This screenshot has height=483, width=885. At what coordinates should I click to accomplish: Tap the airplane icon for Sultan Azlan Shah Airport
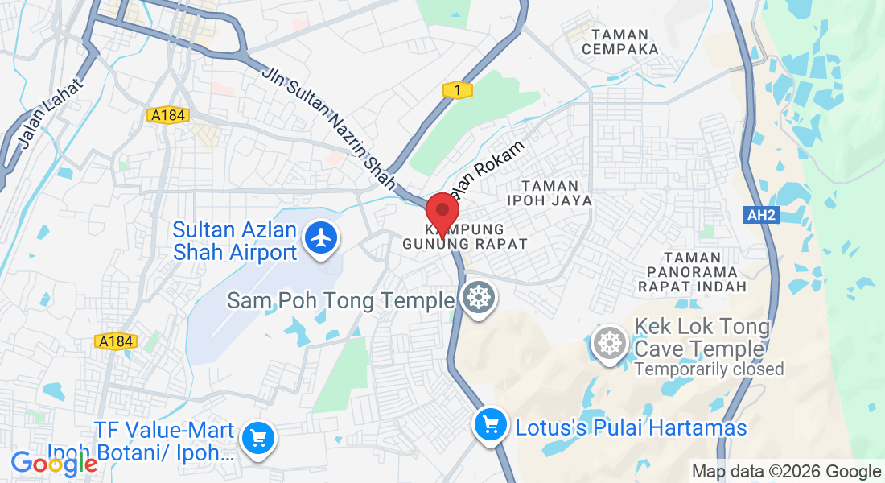pos(321,239)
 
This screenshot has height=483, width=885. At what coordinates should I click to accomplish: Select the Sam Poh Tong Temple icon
pos(479,299)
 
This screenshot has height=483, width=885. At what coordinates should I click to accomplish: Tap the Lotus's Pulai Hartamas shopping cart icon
pos(490,424)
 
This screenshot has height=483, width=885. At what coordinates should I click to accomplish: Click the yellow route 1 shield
pos(458,91)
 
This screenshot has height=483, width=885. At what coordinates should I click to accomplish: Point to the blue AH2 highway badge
pos(761,215)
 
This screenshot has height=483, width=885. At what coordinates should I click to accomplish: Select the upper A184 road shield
pos(168,116)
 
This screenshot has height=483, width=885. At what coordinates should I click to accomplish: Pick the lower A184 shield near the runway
pos(116,342)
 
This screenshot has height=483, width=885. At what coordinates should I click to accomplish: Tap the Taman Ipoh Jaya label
pos(550,193)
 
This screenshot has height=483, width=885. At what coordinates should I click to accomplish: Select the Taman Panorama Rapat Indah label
pos(692,271)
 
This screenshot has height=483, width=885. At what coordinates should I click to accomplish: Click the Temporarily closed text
pos(709,369)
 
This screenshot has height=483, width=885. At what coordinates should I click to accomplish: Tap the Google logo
pos(54,463)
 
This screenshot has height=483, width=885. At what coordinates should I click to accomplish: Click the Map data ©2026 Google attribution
pos(787,472)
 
